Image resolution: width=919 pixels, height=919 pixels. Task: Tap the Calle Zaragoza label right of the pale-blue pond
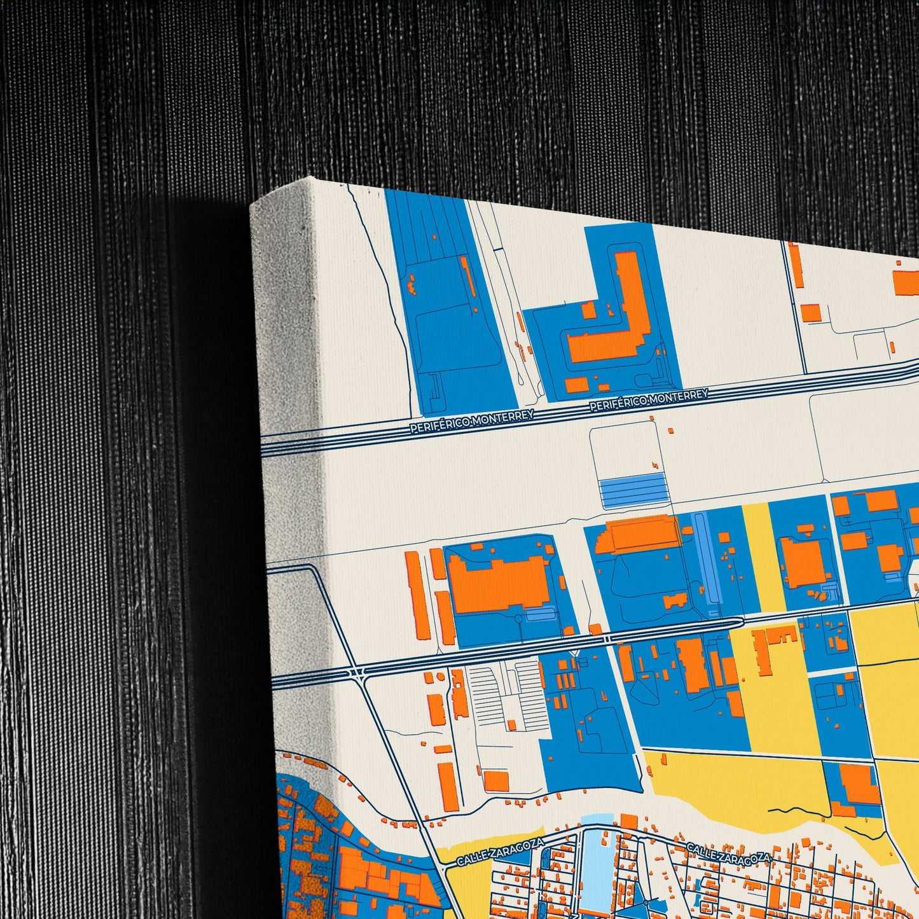point(729,854)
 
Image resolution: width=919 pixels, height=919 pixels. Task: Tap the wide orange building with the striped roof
point(644,533)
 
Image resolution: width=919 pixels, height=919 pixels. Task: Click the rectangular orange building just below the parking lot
point(496,780)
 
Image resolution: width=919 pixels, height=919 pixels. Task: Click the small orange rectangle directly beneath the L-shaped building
point(576,384)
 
